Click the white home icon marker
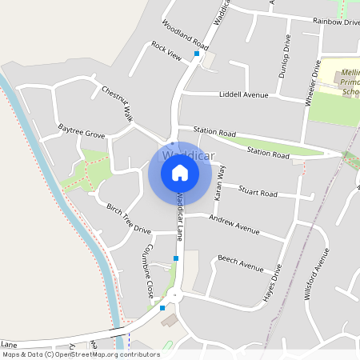pyautogui.click(x=180, y=172)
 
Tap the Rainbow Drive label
pyautogui.click(x=336, y=22)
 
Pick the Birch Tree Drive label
pyautogui.click(x=129, y=218)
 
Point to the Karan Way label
pyautogui.click(x=218, y=183)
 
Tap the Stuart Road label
pyautogui.click(x=258, y=193)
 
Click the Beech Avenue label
pyautogui.click(x=240, y=262)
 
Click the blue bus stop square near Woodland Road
pyautogui.click(x=196, y=54)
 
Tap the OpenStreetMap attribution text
pyautogui.click(x=80, y=354)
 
